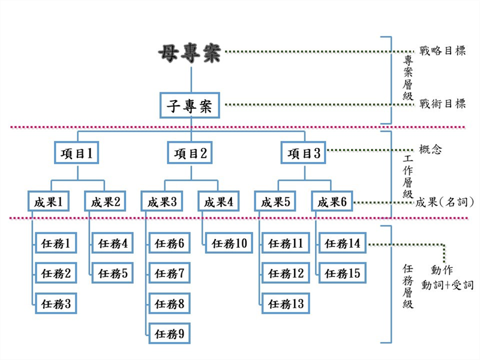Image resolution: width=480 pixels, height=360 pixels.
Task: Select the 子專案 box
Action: coord(190,106)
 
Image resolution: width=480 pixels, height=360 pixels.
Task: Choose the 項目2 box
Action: coord(190,153)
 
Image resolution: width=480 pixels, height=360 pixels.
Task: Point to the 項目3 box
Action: coord(304,153)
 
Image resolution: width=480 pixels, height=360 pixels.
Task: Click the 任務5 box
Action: coord(112,274)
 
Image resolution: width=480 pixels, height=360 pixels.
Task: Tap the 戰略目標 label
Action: coord(442,51)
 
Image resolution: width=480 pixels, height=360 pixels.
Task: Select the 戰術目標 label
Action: coord(442,104)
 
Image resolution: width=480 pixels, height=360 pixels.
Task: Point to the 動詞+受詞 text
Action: coord(448,284)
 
